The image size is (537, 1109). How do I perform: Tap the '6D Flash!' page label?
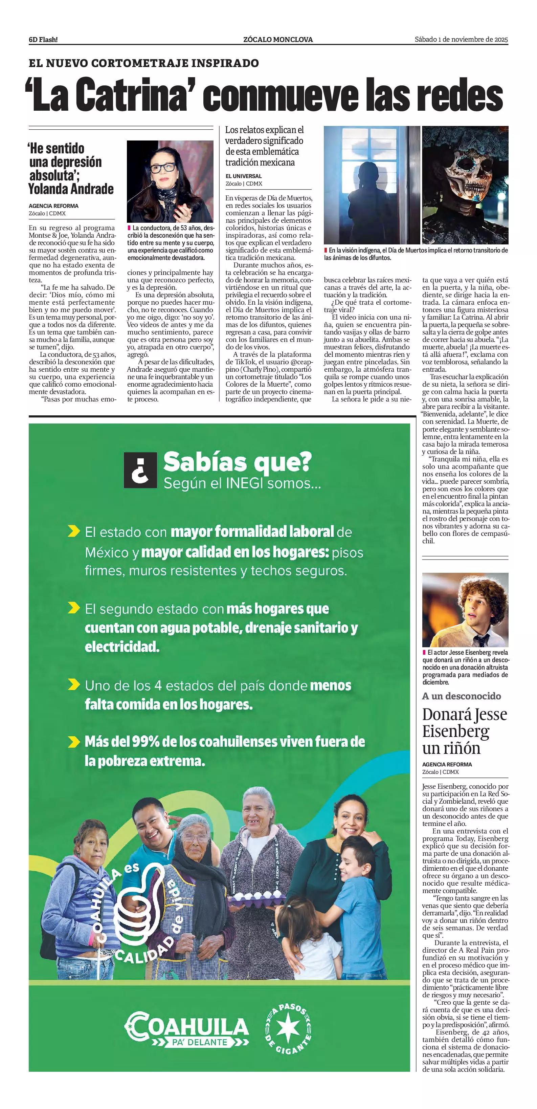(x=43, y=40)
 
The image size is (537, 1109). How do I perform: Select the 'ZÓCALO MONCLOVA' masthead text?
(x=278, y=40)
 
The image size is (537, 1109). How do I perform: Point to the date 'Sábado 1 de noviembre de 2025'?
(x=461, y=40)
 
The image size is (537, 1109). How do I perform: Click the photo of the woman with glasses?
(x=170, y=181)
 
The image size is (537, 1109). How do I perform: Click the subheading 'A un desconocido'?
(x=461, y=696)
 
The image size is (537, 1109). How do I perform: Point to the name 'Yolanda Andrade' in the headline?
(x=71, y=189)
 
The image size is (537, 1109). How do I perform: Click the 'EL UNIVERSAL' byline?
(x=244, y=176)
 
